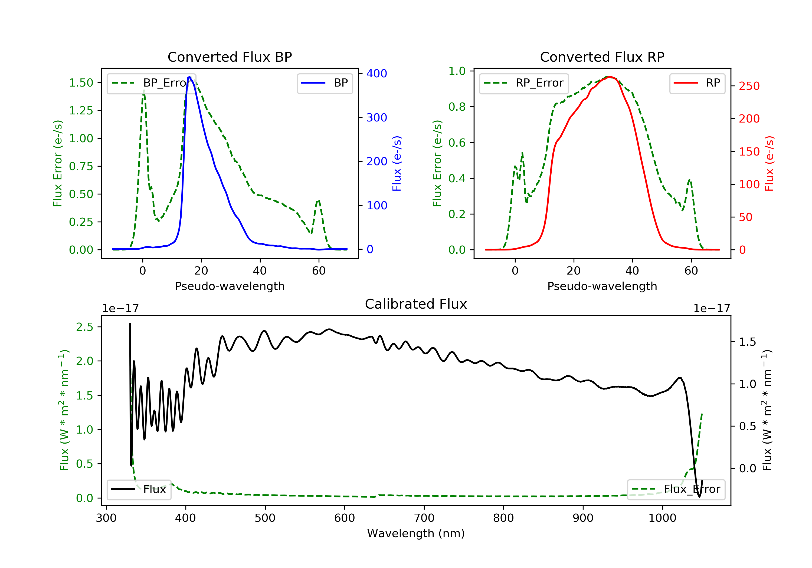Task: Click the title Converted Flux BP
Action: (x=230, y=57)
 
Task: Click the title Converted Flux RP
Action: (x=602, y=57)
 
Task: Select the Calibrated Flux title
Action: (x=416, y=304)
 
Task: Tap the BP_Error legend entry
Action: (x=151, y=83)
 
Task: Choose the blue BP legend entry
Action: (x=325, y=83)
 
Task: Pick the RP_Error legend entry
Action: (x=524, y=83)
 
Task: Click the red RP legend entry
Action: (x=697, y=83)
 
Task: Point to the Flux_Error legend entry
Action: (x=676, y=489)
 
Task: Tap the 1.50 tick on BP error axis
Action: (x=81, y=83)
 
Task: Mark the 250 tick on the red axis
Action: (x=749, y=86)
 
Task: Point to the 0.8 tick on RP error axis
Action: (x=457, y=107)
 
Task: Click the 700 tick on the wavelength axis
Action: (x=424, y=518)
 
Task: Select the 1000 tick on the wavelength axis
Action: (x=662, y=518)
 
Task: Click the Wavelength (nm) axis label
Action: (x=416, y=533)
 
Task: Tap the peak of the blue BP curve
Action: (x=189, y=77)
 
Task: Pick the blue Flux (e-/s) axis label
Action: (x=397, y=163)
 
